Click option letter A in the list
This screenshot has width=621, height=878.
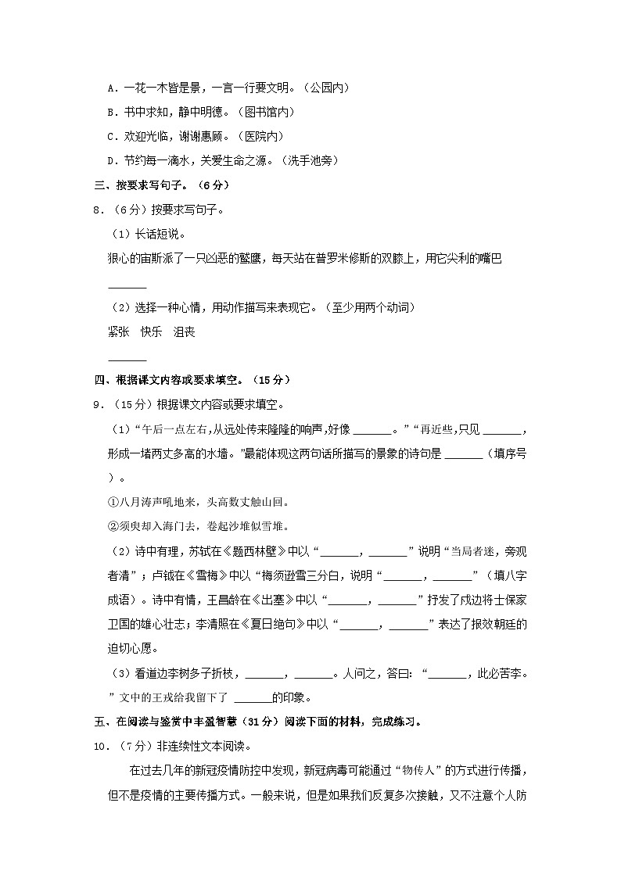(x=111, y=88)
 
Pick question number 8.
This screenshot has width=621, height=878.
(x=98, y=210)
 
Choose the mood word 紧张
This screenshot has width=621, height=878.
(x=118, y=331)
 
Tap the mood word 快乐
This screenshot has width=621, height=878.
(x=151, y=331)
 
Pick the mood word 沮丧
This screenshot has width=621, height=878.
(x=184, y=331)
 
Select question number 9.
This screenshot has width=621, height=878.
(x=98, y=404)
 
